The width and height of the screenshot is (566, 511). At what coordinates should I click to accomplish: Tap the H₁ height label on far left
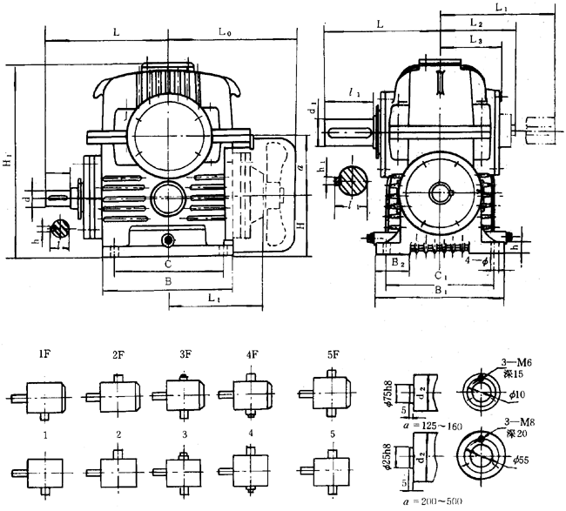(x=9, y=162)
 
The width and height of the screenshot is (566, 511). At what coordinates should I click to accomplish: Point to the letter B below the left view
(x=167, y=283)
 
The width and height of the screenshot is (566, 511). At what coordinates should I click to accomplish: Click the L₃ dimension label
(x=475, y=39)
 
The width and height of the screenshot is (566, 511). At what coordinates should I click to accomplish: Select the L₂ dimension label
(x=475, y=23)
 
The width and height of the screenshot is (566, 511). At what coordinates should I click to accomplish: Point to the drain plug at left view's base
(x=167, y=239)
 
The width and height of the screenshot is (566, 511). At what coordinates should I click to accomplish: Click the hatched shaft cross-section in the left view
(x=60, y=229)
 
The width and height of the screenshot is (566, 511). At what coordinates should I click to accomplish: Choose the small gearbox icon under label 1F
(x=44, y=398)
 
